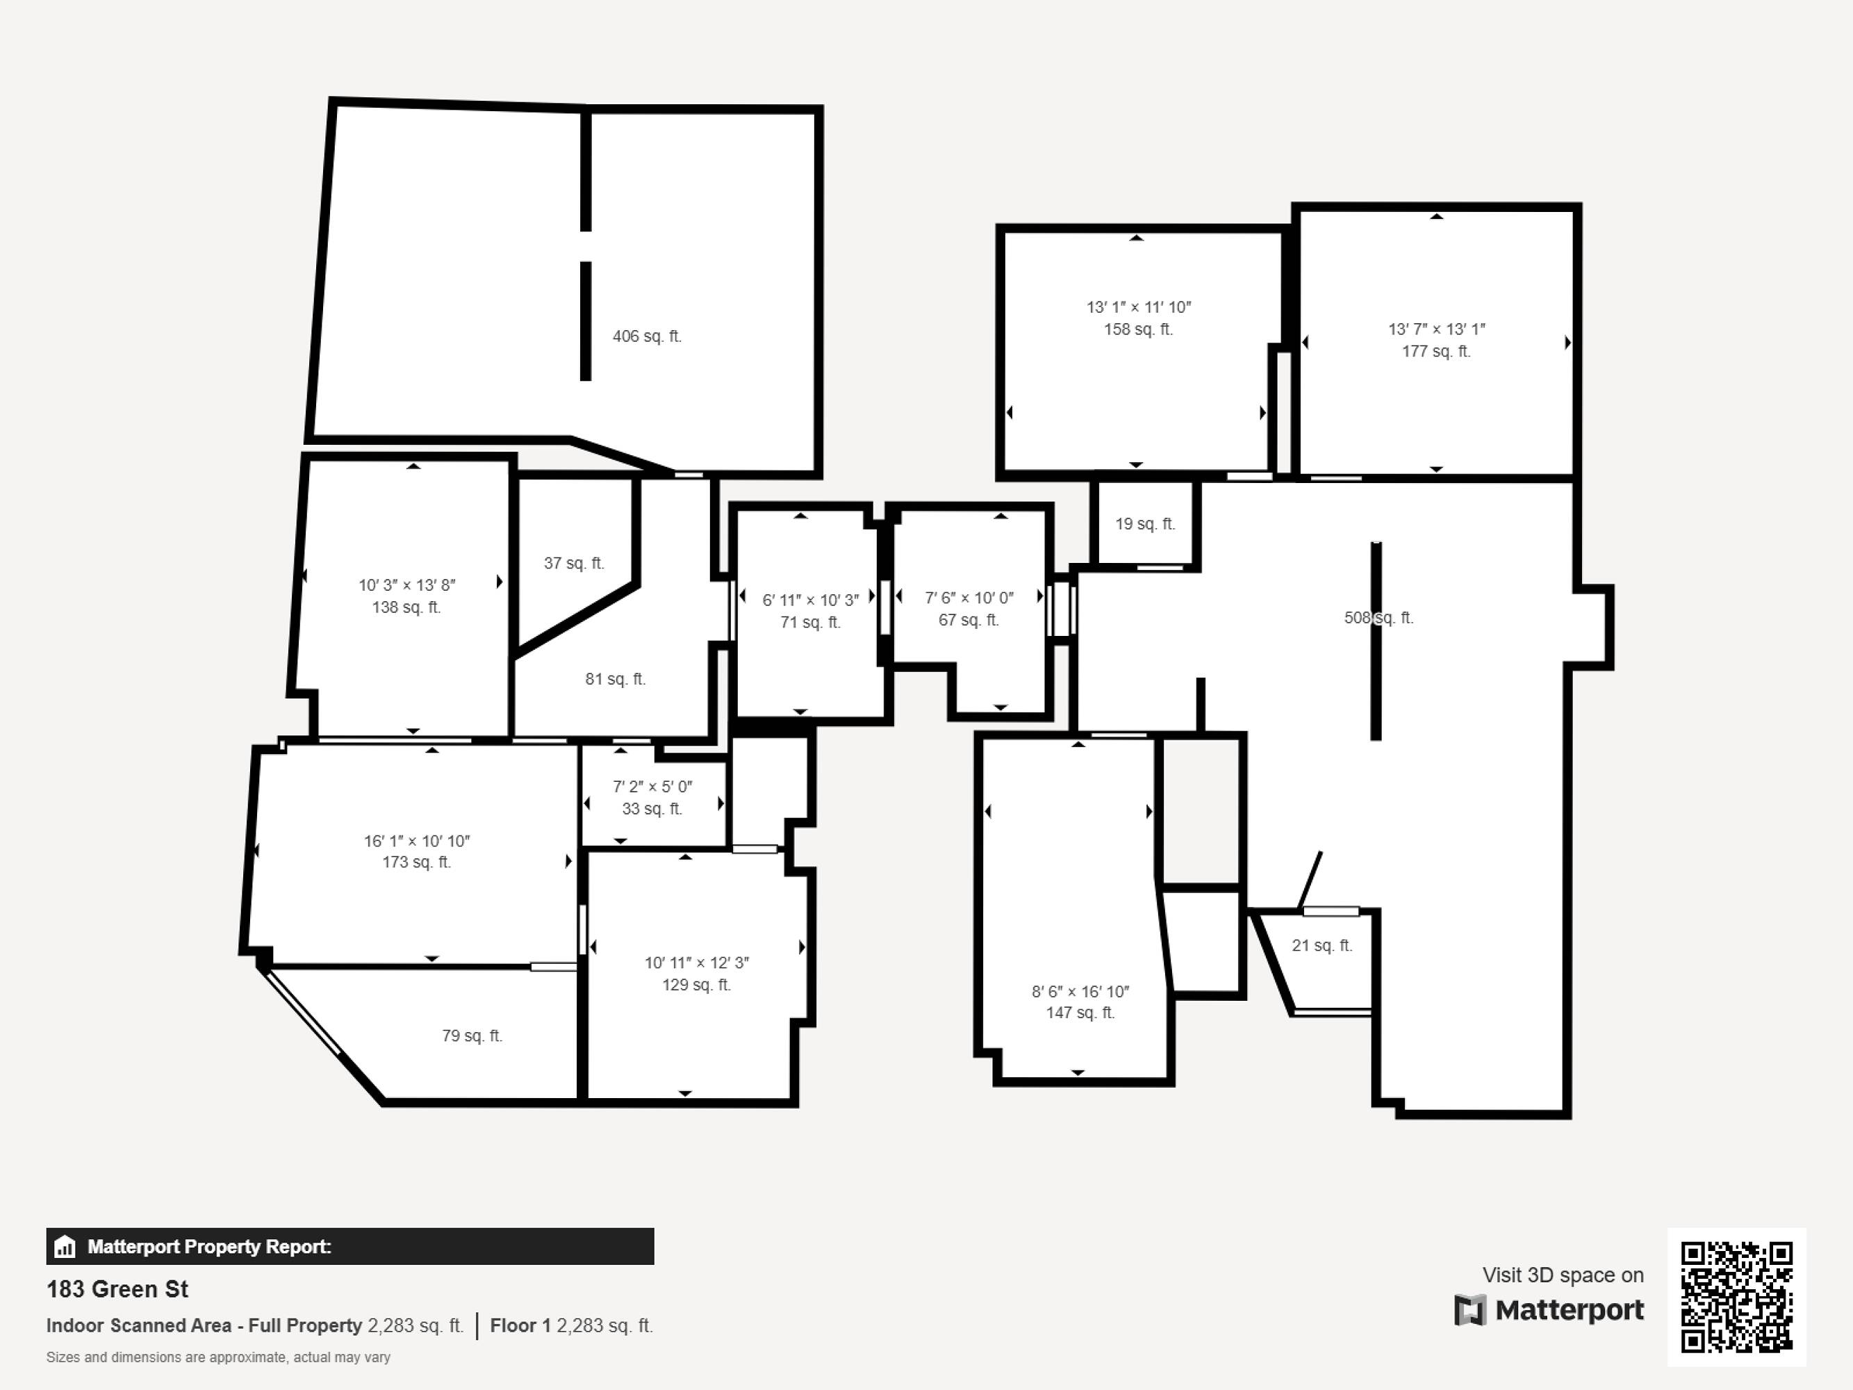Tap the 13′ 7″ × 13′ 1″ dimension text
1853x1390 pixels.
(x=1436, y=329)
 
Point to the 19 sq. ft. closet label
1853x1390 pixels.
(x=1144, y=523)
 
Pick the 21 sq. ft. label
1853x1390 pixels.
(x=1322, y=945)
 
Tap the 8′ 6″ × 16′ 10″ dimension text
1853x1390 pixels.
(x=1080, y=991)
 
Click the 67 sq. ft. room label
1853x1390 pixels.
(x=969, y=620)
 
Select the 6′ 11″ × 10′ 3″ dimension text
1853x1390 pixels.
(x=810, y=600)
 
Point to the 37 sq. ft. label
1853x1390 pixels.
(x=574, y=563)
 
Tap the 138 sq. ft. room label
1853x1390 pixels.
(x=406, y=607)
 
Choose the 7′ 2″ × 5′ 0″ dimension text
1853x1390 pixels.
(x=652, y=787)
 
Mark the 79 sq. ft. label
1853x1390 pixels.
(x=472, y=1036)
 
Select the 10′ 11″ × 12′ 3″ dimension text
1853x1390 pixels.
(x=696, y=963)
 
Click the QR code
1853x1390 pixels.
(x=1736, y=1297)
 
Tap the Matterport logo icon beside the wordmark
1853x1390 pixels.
(x=1469, y=1310)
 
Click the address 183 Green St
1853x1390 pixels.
(x=117, y=1289)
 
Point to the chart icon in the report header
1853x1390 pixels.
(x=65, y=1247)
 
